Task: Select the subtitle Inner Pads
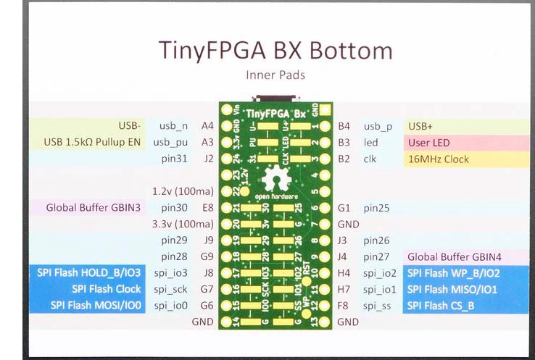(x=275, y=75)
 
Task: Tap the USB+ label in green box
(x=422, y=126)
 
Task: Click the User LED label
(x=429, y=143)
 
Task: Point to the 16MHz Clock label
(x=439, y=159)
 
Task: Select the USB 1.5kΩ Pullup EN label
(x=92, y=142)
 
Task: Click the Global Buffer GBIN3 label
(x=94, y=208)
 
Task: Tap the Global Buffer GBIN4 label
(x=455, y=256)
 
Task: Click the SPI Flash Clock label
(x=107, y=289)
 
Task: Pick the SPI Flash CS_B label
(x=441, y=306)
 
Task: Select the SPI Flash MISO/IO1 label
(x=453, y=289)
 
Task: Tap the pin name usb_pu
(x=170, y=142)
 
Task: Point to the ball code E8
(x=207, y=208)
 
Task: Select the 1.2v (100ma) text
(x=181, y=191)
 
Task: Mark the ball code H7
(x=344, y=289)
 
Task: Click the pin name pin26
(x=377, y=240)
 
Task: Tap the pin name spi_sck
(x=171, y=289)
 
